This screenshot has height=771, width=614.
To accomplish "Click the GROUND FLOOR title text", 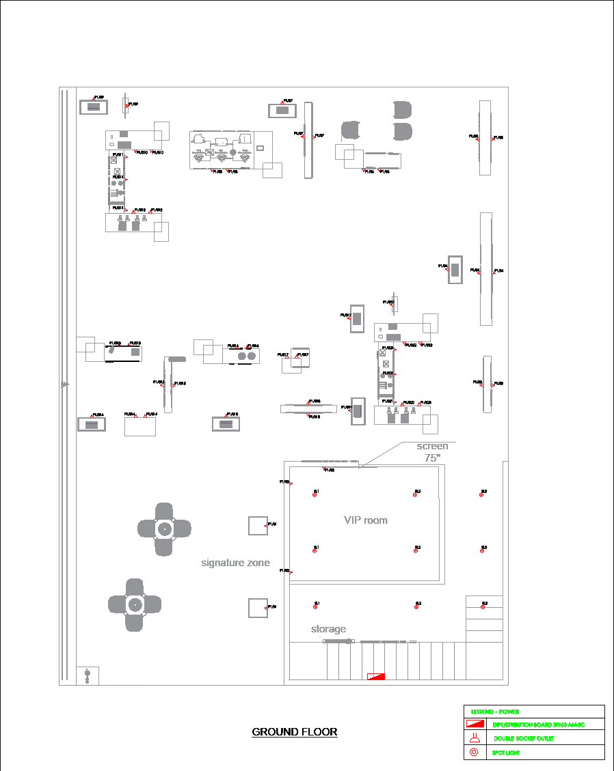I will click(x=295, y=732).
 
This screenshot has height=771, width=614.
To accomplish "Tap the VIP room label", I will click(x=365, y=520).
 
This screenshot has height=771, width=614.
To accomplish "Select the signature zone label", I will click(x=235, y=563).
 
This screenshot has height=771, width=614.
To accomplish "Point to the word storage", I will click(x=328, y=629).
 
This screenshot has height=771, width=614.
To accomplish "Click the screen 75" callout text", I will click(x=432, y=452).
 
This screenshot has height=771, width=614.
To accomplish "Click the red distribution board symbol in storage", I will click(x=376, y=676).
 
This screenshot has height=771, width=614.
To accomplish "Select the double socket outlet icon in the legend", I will click(x=474, y=738).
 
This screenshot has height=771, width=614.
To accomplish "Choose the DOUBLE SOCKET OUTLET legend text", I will click(x=524, y=738).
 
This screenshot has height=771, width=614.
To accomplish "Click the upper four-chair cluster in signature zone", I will click(x=164, y=529).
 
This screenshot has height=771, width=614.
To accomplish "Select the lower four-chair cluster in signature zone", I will click(x=135, y=604).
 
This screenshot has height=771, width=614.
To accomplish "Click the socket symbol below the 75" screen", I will click(x=324, y=468).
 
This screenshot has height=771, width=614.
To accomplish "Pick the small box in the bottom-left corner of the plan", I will click(x=88, y=675).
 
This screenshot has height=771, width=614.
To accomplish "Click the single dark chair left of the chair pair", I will click(x=351, y=130).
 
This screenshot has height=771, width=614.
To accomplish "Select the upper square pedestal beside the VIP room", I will click(x=257, y=525).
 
